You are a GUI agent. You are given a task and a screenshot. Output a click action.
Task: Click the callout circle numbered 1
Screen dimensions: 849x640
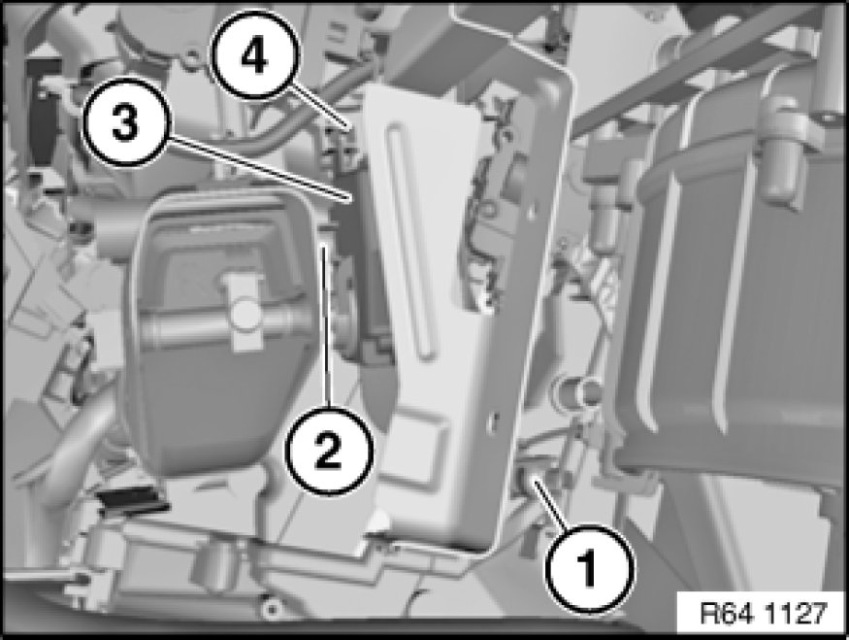589,569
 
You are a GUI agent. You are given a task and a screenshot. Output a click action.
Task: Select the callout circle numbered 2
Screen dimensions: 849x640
330,451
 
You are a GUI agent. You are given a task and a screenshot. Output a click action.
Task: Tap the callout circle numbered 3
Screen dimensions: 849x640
125,122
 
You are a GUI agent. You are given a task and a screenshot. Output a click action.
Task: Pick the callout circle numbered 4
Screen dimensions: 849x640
254,55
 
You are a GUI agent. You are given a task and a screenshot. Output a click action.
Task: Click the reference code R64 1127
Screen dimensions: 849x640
764,614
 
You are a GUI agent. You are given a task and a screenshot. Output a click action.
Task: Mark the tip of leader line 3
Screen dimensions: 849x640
351,200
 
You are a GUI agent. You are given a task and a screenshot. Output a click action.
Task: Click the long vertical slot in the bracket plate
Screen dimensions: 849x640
409,241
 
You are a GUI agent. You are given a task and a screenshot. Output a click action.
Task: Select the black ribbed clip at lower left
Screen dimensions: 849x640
132,502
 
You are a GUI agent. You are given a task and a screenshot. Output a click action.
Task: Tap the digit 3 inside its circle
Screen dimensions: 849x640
125,122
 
